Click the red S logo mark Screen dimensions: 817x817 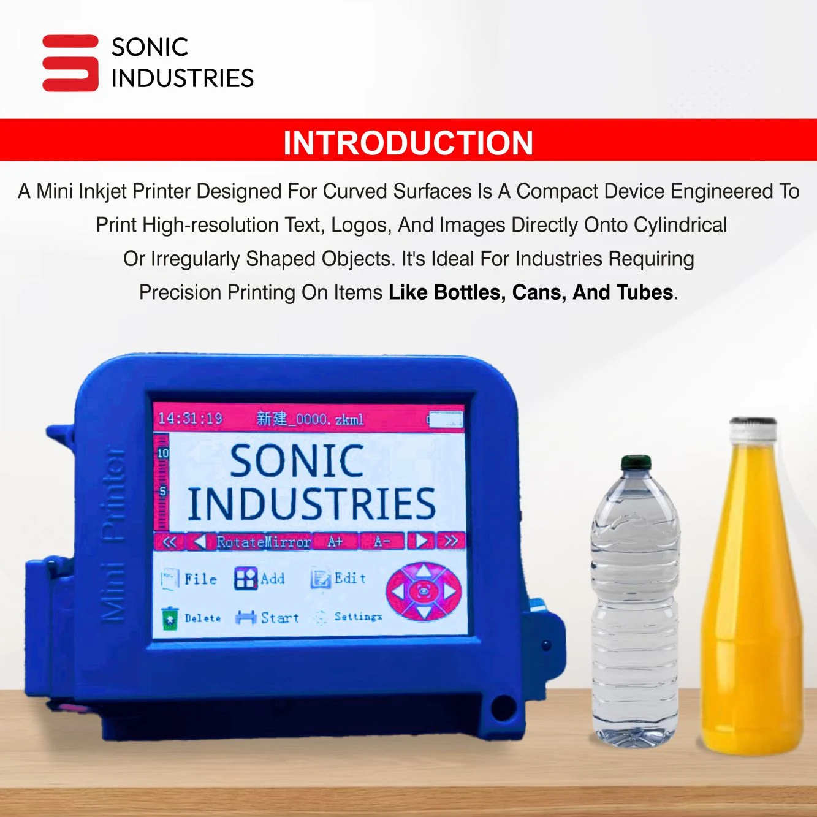[70, 63]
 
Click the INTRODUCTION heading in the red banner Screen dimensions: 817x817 [408, 143]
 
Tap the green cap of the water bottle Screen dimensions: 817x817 [636, 463]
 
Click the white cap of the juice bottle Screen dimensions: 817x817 [753, 428]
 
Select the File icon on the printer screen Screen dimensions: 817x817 [169, 579]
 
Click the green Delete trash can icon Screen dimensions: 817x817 [170, 618]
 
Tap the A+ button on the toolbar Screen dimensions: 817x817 [335, 541]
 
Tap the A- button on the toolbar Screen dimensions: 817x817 [382, 541]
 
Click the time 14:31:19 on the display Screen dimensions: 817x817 [190, 419]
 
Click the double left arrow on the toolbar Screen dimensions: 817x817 [169, 542]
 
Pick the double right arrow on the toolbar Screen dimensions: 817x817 [450, 541]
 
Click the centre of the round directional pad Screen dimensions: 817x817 [423, 591]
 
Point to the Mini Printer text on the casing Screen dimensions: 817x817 [113, 534]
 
